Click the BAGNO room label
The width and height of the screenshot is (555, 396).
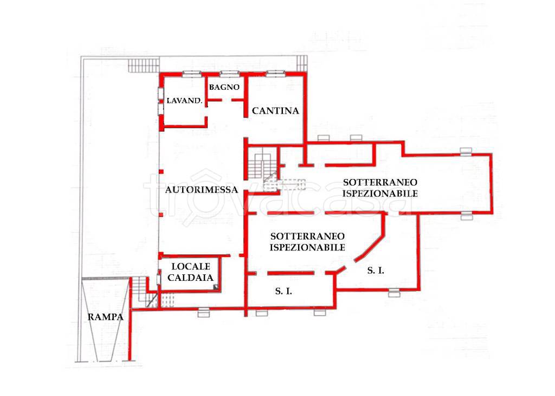[224, 87]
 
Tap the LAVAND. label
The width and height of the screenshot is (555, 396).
[184, 101]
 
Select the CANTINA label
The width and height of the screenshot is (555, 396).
[275, 111]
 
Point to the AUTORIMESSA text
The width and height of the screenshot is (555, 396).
[202, 190]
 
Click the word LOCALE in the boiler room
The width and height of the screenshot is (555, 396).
[191, 266]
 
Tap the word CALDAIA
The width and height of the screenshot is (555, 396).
[190, 278]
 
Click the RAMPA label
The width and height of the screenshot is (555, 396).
[106, 317]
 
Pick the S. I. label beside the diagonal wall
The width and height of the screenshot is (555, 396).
[376, 270]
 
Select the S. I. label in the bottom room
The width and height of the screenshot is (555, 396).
[283, 291]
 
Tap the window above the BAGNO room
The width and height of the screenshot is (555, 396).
[229, 74]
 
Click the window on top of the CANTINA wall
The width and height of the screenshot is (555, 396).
[275, 74]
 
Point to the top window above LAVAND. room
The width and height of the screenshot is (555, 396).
[191, 74]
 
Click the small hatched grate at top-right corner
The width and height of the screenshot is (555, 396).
[301, 64]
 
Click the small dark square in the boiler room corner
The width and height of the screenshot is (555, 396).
[216, 287]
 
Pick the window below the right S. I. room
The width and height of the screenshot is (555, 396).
[394, 293]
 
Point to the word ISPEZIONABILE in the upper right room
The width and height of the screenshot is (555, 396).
[380, 194]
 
